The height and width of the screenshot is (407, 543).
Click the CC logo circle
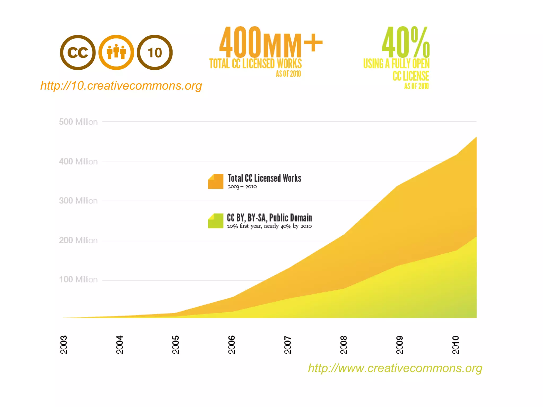pos(78,52)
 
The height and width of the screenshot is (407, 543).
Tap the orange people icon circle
pos(116,52)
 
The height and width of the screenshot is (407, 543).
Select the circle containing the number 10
pos(155,52)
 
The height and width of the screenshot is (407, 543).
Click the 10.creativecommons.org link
pos(121,86)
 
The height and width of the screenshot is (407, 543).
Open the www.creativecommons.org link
pos(395,368)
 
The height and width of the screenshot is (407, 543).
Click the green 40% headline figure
pos(406,42)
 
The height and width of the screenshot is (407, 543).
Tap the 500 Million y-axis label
pos(78,122)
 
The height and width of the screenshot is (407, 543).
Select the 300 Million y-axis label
pos(78,201)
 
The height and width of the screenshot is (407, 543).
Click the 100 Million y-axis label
pos(78,280)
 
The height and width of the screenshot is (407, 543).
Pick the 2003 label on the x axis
pos(64,345)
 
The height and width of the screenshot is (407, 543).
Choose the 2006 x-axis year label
pos(232,345)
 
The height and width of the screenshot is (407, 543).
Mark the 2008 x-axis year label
pos(344,345)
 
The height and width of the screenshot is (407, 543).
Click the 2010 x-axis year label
pos(456,345)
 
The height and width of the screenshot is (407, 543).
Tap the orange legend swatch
pos(216,181)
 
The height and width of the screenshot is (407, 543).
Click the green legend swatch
pos(216,221)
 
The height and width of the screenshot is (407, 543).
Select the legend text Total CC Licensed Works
pos(265,178)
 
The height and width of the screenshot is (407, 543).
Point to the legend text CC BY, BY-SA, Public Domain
pos(269,218)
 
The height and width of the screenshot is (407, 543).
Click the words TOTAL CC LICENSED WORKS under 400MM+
pos(255,64)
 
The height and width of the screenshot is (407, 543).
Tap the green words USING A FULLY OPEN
pos(396,64)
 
